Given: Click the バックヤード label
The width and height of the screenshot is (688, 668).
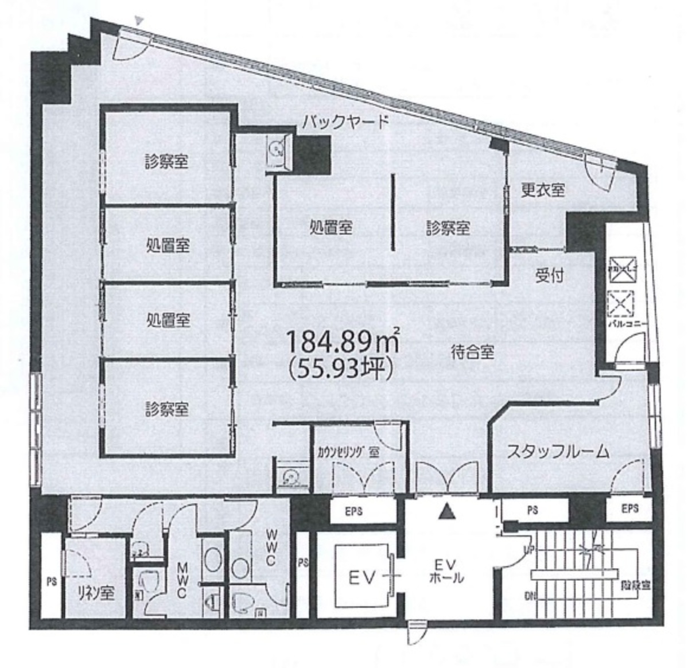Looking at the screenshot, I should point(346,121).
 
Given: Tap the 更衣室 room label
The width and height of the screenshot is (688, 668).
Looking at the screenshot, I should point(542,190).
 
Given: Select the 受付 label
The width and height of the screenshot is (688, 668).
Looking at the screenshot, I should point(549,275).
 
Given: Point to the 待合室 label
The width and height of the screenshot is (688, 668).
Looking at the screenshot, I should point(472,352).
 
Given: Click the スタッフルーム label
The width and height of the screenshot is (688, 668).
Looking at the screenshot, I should point(557,452).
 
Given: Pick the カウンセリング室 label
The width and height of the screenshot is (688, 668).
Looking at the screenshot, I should point(348,452).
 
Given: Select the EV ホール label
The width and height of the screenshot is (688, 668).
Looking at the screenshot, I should point(446,569).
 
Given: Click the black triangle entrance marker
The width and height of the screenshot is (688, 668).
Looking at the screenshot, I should point(446,511).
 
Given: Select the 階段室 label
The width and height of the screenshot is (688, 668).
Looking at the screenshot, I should point(635,587).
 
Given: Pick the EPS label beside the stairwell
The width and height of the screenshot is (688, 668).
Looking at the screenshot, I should point(629,508).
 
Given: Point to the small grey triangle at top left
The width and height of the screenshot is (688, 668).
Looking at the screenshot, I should point(138,21).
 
